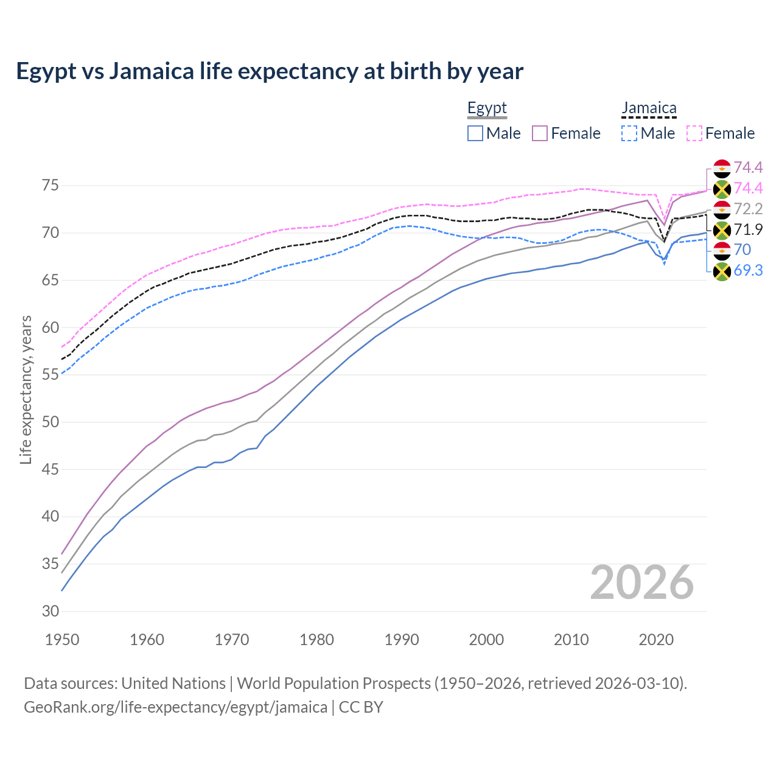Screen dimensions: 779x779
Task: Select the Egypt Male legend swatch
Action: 475,133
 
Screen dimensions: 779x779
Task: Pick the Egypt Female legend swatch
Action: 540,133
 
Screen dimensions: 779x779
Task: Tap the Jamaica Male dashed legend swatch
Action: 629,133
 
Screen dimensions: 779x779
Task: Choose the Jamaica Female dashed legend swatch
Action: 694,133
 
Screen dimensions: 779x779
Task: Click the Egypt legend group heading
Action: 487,108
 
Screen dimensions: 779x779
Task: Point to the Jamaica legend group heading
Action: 649,108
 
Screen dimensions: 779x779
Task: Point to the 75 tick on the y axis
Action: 51,186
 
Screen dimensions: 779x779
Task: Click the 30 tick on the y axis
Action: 51,611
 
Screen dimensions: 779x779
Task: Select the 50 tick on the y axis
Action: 51,422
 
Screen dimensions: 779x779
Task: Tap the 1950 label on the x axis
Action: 63,640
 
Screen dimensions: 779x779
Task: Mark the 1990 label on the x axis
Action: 402,640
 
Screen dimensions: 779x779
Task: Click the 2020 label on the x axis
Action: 656,640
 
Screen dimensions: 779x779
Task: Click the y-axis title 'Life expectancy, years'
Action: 26,389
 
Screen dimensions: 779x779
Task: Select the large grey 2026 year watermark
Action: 642,582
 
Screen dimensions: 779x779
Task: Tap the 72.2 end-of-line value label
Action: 748,209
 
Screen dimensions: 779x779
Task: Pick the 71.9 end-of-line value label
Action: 748,229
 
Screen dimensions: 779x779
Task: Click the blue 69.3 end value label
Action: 748,271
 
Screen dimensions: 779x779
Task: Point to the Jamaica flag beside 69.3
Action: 722,271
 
